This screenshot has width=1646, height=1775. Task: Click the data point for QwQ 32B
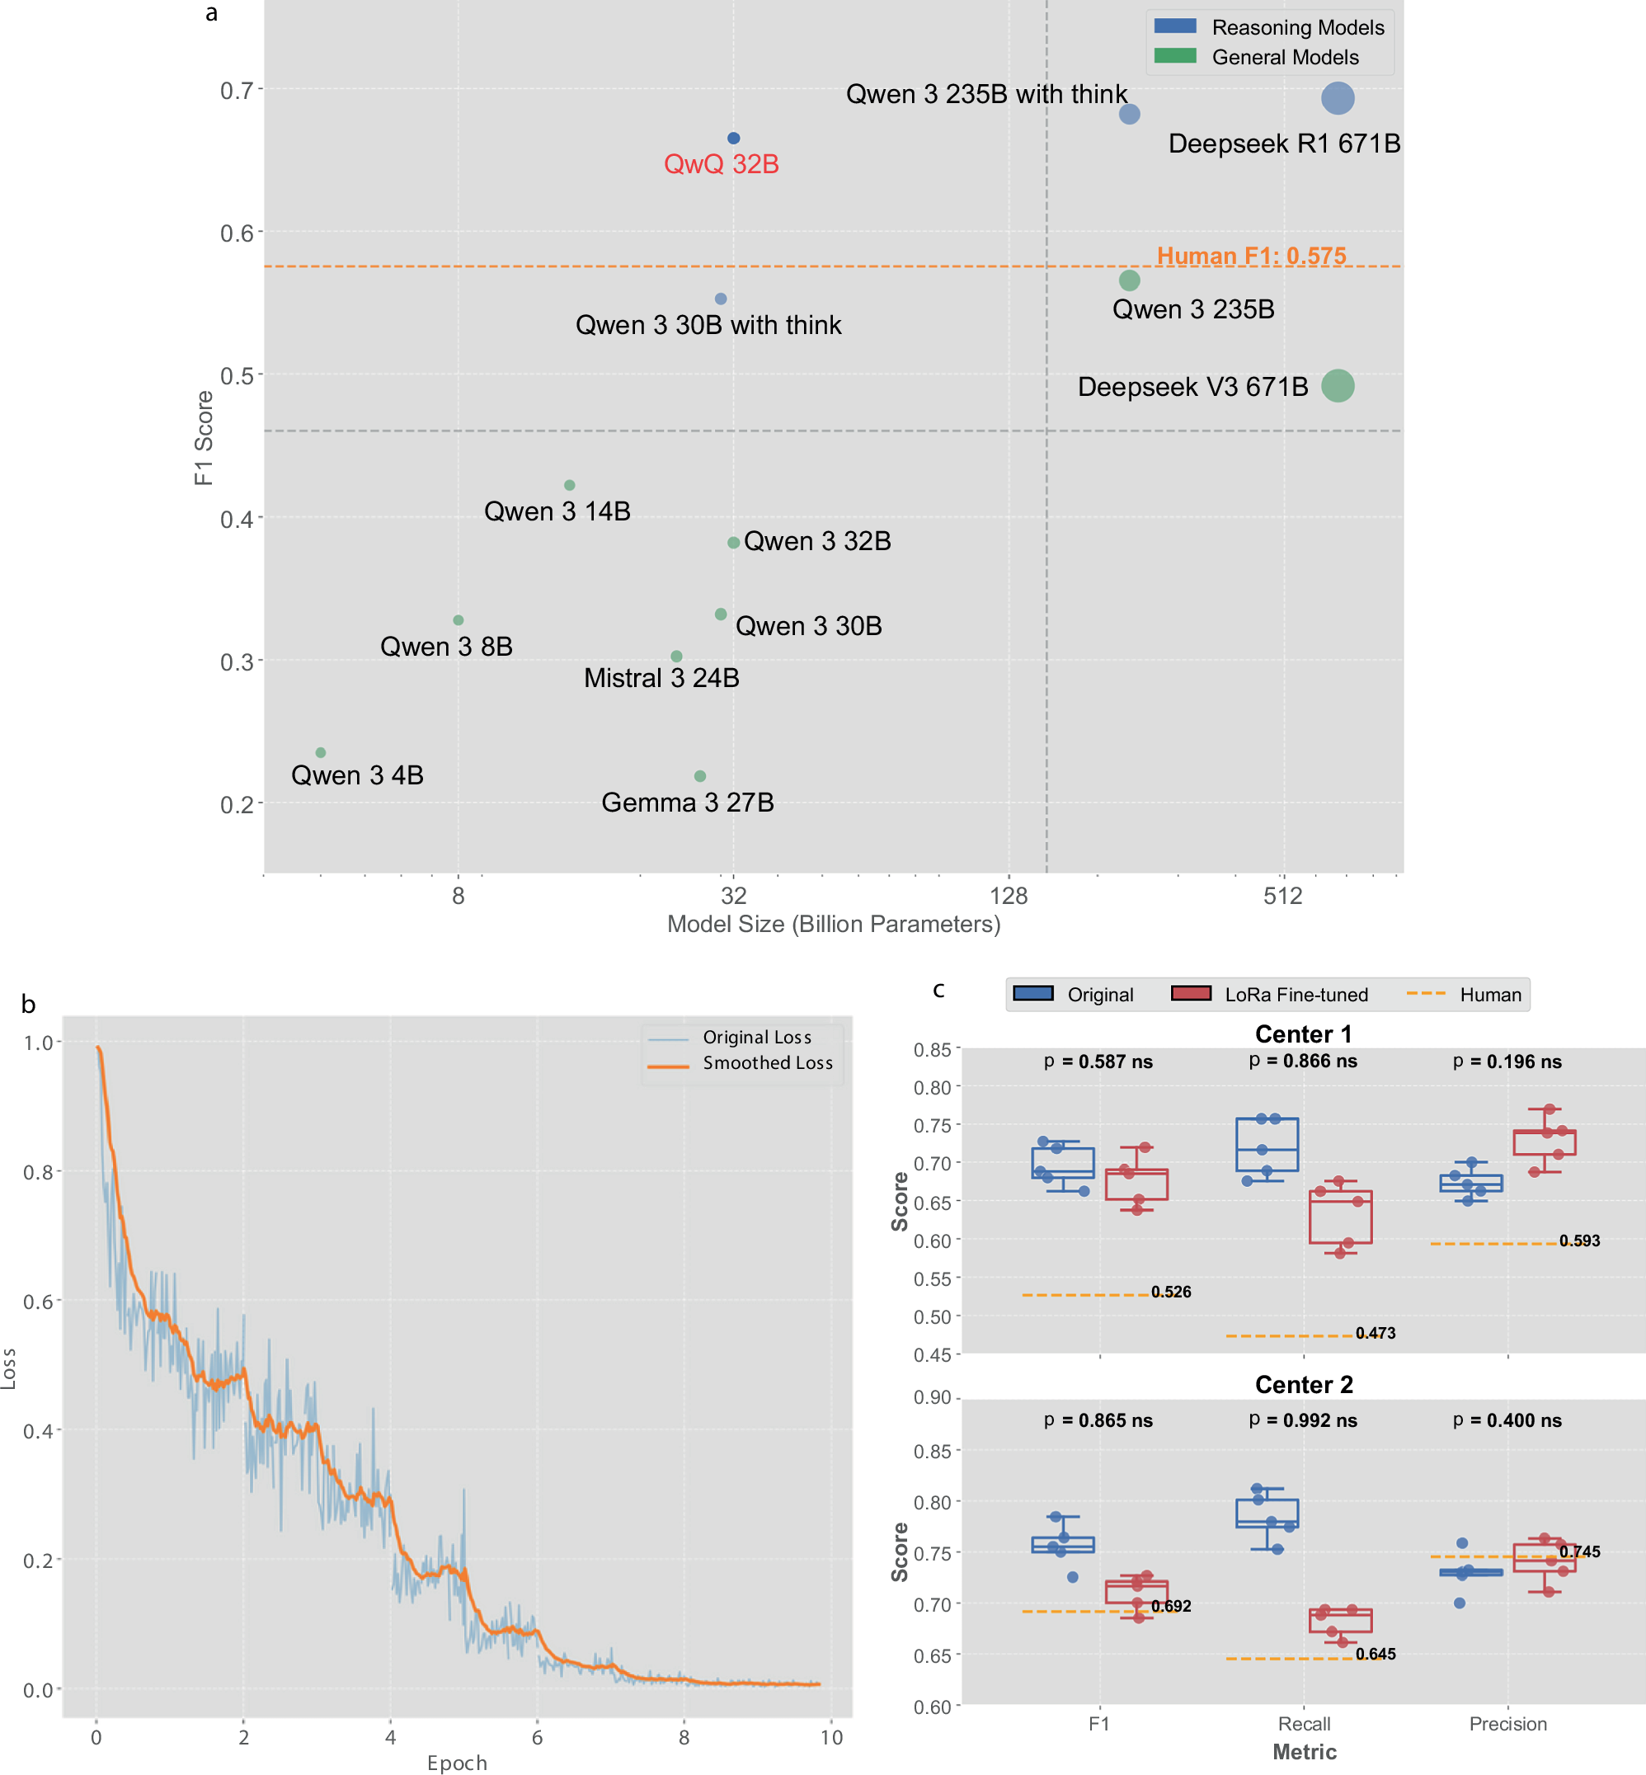tap(733, 138)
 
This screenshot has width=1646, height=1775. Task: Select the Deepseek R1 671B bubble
tap(1337, 98)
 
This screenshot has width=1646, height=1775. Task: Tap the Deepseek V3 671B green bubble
tap(1337, 386)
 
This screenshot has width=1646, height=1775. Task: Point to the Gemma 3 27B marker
tap(699, 776)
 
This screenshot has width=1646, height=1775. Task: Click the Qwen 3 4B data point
tap(321, 753)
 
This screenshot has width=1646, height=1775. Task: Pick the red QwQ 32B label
tap(721, 165)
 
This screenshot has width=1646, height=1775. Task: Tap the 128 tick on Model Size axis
tap(1009, 896)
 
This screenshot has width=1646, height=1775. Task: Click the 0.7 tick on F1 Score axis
tap(236, 90)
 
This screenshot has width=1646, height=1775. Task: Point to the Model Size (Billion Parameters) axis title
tap(834, 924)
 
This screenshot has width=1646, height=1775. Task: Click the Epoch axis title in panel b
tap(457, 1763)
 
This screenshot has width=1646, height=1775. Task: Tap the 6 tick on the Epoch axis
tap(537, 1737)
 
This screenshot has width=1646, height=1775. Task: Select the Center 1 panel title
tap(1303, 1034)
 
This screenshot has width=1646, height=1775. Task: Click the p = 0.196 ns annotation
tap(1507, 1062)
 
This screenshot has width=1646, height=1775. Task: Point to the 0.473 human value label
tap(1376, 1333)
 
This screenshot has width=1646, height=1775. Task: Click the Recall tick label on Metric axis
tap(1303, 1723)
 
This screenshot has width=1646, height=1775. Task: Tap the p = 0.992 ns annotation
tap(1303, 1420)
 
